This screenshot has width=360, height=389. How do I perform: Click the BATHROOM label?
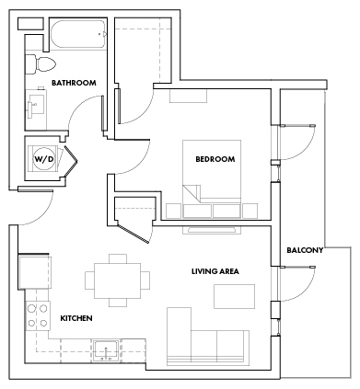point(74,83)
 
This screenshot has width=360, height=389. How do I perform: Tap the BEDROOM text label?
point(215,159)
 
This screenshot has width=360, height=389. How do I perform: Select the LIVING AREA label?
point(215,271)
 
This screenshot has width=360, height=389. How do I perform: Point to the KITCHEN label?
point(77,318)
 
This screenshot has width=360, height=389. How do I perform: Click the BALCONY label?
point(304,250)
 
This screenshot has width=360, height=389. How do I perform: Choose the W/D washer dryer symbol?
point(44,158)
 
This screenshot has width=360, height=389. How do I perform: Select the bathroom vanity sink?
point(37,103)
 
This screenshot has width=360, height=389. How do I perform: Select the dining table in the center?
point(117,278)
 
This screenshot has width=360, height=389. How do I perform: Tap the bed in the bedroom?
point(214,179)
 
